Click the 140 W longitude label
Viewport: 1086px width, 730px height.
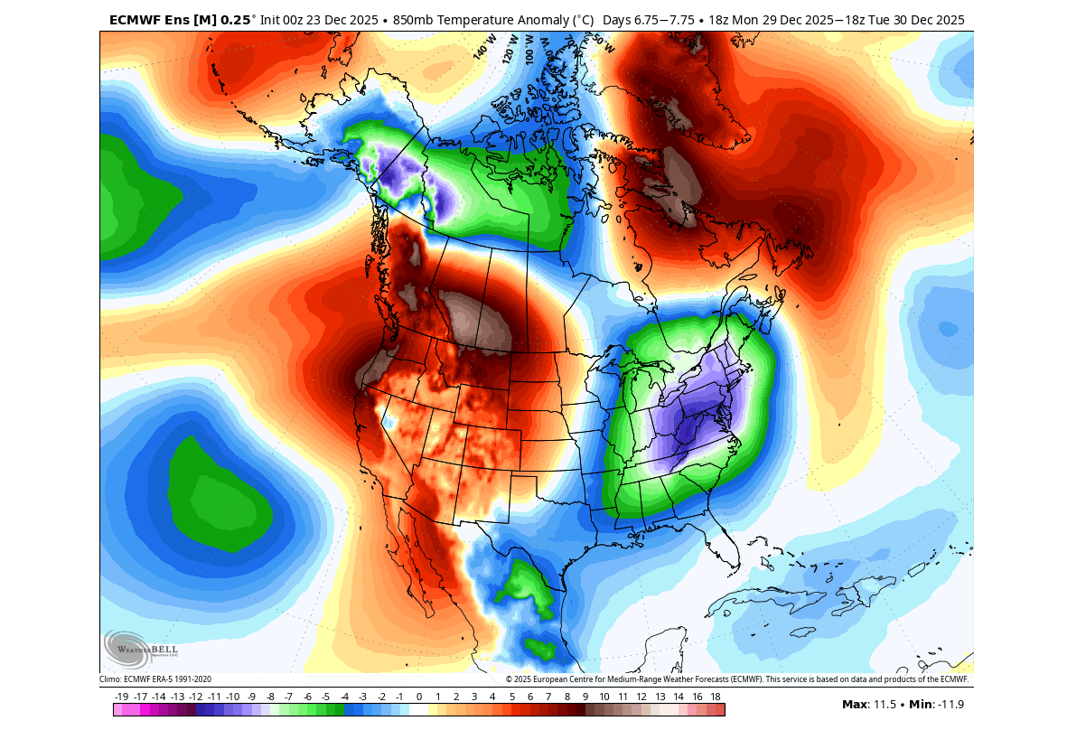coord(484,49)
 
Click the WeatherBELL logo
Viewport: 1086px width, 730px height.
coord(141,648)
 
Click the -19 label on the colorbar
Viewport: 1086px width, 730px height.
coord(122,697)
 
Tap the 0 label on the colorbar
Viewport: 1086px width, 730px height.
coord(418,697)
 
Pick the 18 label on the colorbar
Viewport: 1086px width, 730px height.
coord(715,697)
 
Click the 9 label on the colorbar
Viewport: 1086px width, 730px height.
coord(585,697)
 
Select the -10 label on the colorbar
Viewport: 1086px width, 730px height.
coord(233,697)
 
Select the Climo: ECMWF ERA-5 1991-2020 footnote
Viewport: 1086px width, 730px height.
coord(154,679)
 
